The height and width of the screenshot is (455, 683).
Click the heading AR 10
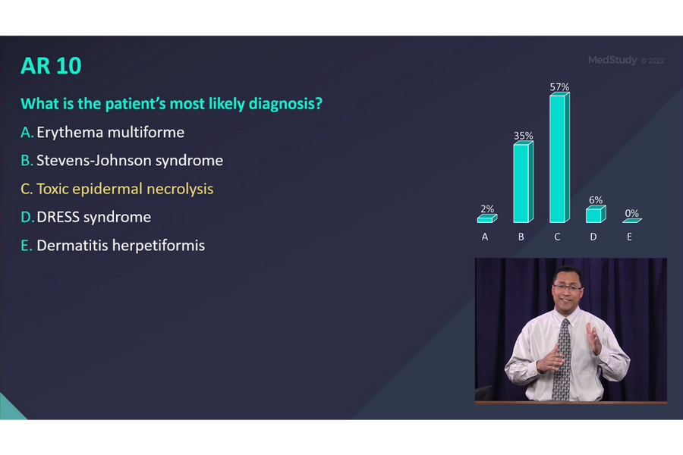coord(51,66)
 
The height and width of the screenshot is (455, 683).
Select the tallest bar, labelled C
coord(558,158)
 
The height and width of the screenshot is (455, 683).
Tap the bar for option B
coord(521,183)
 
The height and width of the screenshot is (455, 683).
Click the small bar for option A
coord(486,219)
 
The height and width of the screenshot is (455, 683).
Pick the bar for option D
coord(594,215)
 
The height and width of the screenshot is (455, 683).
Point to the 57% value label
coord(559,87)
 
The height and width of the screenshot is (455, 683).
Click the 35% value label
coord(523,136)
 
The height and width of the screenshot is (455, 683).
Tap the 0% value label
coord(631,214)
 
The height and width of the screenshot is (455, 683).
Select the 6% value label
coord(596,200)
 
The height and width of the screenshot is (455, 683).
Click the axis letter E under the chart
coord(630,237)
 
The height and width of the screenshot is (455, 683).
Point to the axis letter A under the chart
coord(485,237)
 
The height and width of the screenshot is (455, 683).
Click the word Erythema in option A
coord(70,132)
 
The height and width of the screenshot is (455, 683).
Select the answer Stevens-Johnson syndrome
coord(130,161)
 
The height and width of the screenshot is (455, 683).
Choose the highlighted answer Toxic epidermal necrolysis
coord(125,189)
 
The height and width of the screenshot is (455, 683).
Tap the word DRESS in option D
coord(58,218)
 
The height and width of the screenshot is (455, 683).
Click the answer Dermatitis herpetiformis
coord(121,246)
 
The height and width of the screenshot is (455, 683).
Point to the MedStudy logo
coord(612,60)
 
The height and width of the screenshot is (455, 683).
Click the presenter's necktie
coord(562,360)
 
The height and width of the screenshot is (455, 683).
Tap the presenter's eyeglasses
coord(568,287)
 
